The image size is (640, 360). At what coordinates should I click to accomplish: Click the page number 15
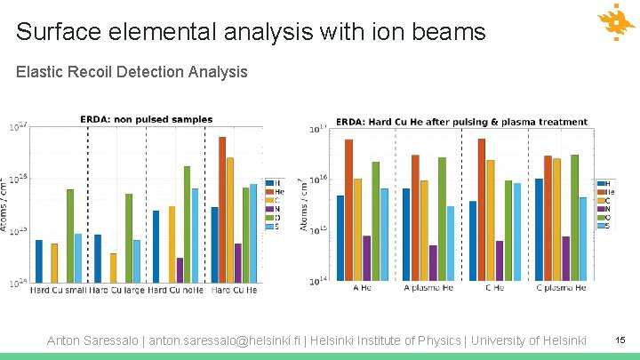620,340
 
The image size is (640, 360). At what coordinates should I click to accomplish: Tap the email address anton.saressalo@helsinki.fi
233,340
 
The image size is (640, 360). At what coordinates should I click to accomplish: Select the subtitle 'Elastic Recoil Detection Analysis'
132,71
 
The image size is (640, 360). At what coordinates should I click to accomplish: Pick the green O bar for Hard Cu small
70,236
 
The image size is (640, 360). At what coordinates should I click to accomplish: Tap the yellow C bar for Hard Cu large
113,268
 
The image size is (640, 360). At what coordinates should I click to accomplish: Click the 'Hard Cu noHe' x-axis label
176,290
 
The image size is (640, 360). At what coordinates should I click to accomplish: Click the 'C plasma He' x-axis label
561,288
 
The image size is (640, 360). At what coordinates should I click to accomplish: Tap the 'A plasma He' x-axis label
428,288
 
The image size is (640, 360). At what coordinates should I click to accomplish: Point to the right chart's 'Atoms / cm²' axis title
305,204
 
